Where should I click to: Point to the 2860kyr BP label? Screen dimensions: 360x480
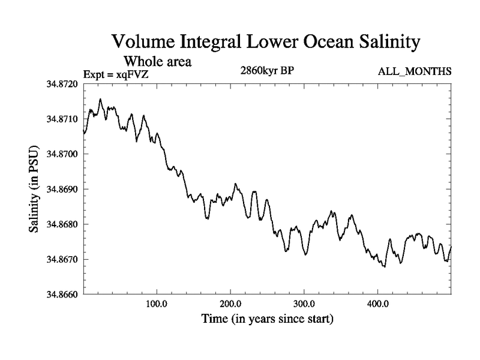[266, 71]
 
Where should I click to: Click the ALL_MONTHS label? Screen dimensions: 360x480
[415, 72]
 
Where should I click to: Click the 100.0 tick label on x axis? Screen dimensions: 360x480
[157, 304]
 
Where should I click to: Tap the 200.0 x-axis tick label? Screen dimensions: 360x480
[230, 304]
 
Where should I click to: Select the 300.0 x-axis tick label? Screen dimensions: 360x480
[304, 304]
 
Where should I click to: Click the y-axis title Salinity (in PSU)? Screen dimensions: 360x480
[35, 188]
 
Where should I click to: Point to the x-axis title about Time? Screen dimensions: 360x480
[267, 319]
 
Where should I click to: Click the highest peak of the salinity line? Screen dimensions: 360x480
[100, 99]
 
